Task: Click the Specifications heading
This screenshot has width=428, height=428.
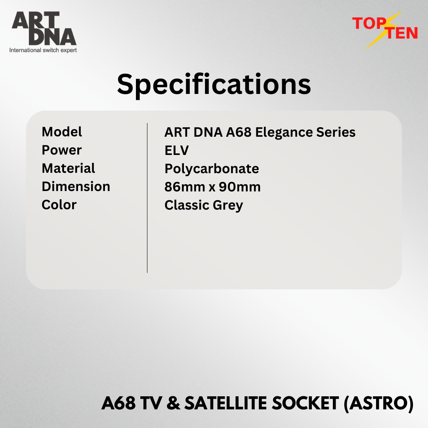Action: [214, 85]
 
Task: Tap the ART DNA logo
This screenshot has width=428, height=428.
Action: [44, 29]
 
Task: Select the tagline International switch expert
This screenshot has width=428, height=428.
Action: [43, 50]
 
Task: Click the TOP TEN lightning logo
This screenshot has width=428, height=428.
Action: [385, 29]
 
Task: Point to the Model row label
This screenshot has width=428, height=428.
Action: [62, 132]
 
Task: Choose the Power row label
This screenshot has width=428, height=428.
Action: [62, 151]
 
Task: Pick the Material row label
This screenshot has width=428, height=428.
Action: [68, 168]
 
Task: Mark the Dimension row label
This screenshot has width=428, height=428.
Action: [76, 186]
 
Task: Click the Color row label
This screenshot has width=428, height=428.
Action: [59, 205]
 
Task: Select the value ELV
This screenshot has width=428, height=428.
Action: [177, 151]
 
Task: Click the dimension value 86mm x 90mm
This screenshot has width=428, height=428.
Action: [212, 187]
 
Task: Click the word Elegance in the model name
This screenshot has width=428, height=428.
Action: [284, 133]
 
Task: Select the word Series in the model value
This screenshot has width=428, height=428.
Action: [336, 132]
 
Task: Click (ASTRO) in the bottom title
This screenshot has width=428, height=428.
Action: [378, 403]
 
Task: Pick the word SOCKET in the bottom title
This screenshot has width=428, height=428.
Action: [306, 403]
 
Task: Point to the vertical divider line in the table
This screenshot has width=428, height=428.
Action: [147, 198]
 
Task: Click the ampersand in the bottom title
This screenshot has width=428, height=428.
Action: [173, 403]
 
